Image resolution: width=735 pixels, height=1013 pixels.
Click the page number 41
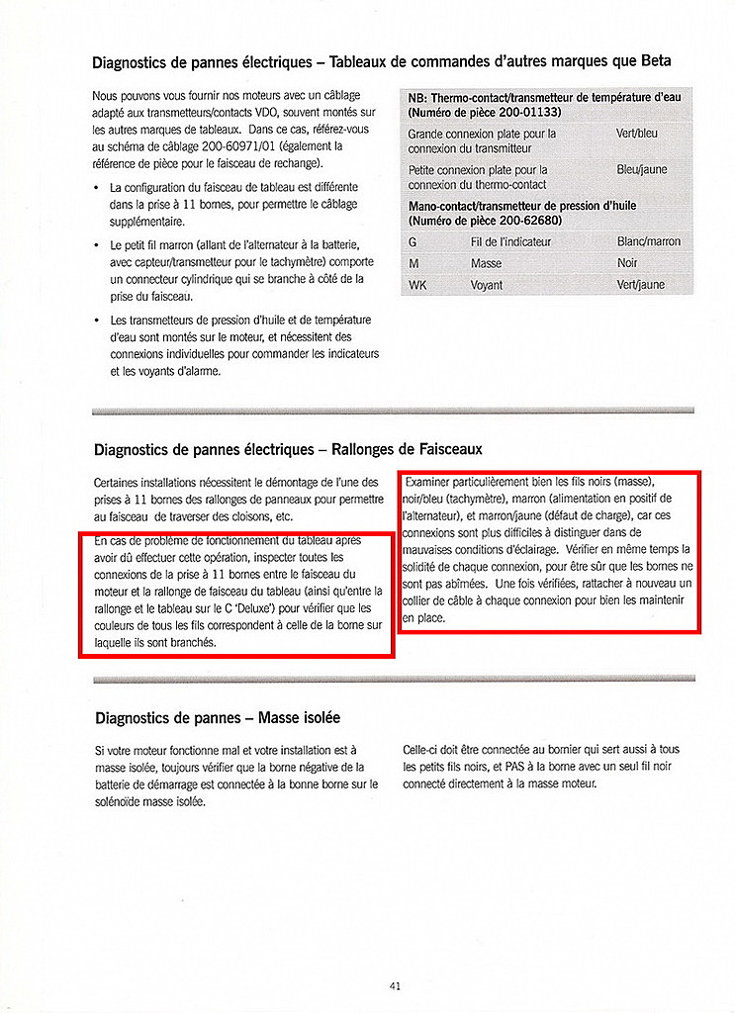click(395, 986)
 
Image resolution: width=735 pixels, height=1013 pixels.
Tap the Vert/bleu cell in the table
click(637, 134)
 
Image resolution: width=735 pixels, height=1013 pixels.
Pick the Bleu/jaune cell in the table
click(642, 170)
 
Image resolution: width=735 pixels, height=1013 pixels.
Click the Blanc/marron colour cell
click(648, 242)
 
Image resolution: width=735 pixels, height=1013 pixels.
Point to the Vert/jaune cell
click(640, 286)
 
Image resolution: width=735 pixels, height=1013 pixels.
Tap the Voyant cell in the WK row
click(486, 286)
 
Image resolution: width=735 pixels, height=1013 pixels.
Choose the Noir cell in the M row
click(627, 264)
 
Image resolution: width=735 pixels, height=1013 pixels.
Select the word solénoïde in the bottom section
click(122, 800)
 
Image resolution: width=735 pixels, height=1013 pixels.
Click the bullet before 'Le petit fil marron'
click(96, 244)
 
